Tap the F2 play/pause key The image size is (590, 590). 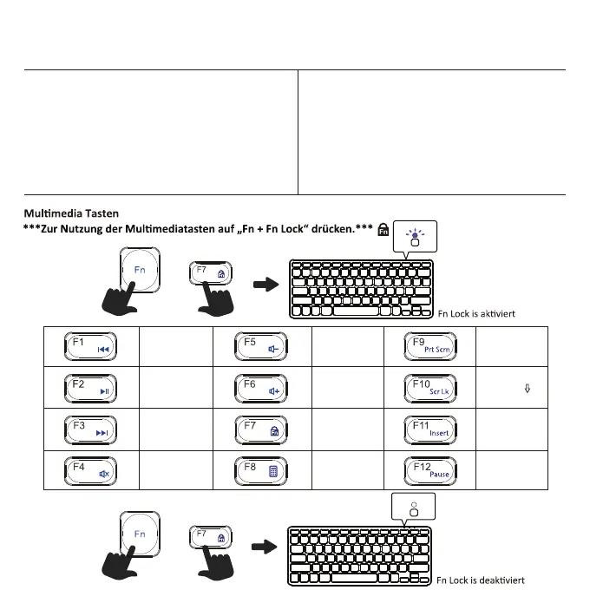91,388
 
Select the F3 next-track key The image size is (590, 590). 91,429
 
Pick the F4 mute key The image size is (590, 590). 91,470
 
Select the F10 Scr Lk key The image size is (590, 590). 432,388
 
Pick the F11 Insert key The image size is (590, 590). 432,429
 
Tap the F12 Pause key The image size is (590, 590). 432,470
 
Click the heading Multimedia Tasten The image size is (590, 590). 72,213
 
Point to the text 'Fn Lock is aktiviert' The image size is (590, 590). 477,314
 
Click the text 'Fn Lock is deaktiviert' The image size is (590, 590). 481,580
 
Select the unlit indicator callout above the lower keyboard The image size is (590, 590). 413,508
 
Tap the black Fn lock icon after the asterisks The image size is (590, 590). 383,229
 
